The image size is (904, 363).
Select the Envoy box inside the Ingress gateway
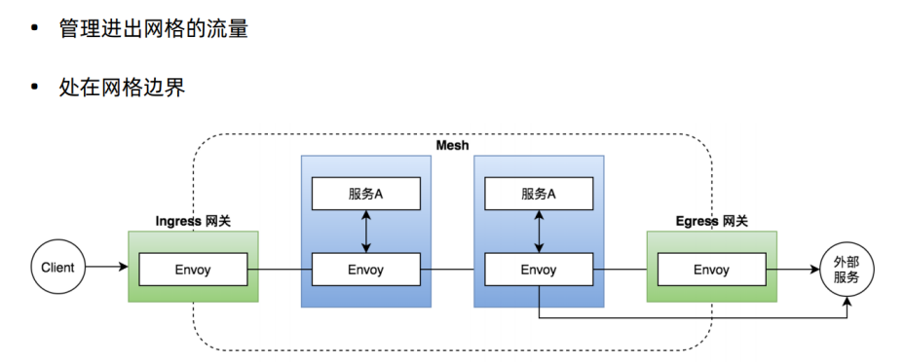point(193,270)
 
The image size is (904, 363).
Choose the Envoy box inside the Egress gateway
point(711,270)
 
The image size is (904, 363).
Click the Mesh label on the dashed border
point(452,145)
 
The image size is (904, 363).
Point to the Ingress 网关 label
point(193,222)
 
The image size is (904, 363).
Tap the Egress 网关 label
point(711,222)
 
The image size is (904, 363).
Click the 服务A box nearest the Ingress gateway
point(365,194)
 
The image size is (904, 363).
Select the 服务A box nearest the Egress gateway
point(538,194)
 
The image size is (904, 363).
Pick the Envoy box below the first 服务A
point(365,270)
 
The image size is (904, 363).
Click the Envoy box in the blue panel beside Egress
point(538,270)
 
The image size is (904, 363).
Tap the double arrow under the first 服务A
point(365,232)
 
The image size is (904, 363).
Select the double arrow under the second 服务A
point(538,232)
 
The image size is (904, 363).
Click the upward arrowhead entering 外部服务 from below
point(847,305)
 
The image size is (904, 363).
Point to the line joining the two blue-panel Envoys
point(452,270)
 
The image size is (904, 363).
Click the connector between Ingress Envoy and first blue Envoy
point(280,270)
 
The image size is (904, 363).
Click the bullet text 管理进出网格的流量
point(153,29)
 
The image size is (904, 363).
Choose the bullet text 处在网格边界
point(122,88)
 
